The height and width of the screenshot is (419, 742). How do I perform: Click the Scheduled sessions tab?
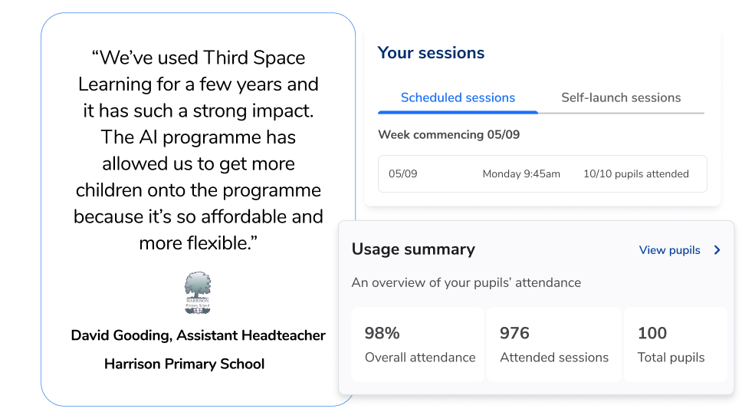click(458, 97)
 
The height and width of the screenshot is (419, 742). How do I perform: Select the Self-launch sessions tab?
click(621, 97)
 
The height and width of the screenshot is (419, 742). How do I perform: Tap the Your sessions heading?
click(431, 53)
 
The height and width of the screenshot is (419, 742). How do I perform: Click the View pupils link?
click(670, 250)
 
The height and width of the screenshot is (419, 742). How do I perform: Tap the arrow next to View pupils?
click(717, 250)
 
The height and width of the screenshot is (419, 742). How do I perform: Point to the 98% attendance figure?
click(382, 333)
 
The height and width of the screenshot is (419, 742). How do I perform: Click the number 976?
click(514, 333)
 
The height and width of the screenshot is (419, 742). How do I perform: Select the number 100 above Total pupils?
click(652, 333)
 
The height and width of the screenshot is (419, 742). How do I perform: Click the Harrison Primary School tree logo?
click(198, 292)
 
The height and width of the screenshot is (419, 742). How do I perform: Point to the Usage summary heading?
click(413, 249)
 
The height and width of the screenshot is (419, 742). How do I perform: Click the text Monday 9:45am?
click(521, 174)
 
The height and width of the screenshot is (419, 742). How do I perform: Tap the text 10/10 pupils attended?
click(636, 174)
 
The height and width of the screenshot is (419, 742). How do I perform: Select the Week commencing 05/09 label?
click(448, 134)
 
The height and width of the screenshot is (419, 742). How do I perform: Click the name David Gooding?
click(120, 335)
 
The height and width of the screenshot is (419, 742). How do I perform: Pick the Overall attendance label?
click(420, 358)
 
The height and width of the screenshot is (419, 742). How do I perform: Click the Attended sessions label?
click(554, 358)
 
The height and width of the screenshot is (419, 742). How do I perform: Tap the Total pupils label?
click(671, 358)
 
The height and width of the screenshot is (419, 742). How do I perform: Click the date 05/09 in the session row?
click(402, 174)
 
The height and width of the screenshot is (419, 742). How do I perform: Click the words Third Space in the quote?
click(254, 58)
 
